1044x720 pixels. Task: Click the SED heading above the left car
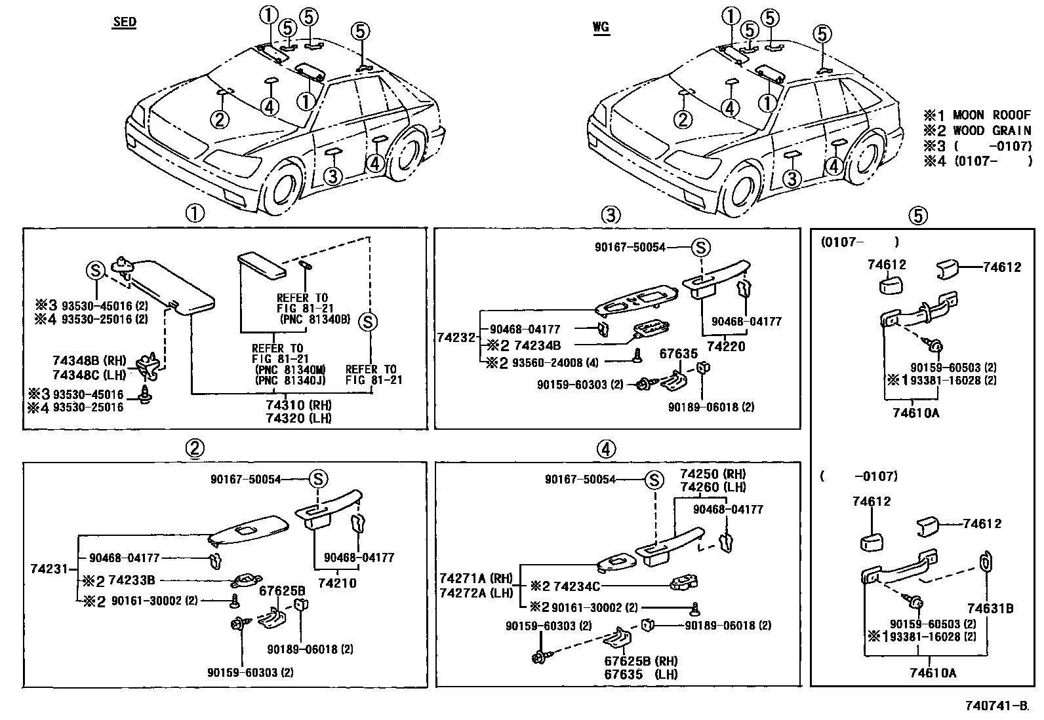click(x=124, y=22)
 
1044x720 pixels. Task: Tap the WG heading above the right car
click(x=600, y=27)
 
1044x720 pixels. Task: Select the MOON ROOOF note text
click(x=992, y=115)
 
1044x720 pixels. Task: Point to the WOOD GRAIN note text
click(x=992, y=130)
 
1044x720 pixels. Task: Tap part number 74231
click(x=49, y=569)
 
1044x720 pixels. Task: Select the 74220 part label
click(x=726, y=347)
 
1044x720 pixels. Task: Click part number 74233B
click(x=132, y=580)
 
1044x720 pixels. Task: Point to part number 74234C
click(x=577, y=586)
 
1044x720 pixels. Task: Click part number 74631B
click(x=990, y=609)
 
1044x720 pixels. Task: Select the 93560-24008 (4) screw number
click(x=554, y=362)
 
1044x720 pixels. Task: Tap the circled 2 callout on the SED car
click(x=220, y=119)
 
